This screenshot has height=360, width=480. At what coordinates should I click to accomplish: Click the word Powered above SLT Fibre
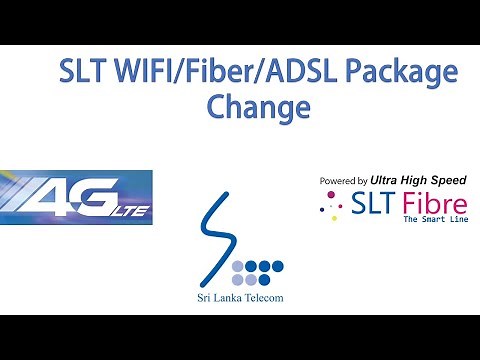pyautogui.click(x=339, y=181)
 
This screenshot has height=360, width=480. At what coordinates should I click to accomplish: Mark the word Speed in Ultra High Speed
pyautogui.click(x=446, y=180)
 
